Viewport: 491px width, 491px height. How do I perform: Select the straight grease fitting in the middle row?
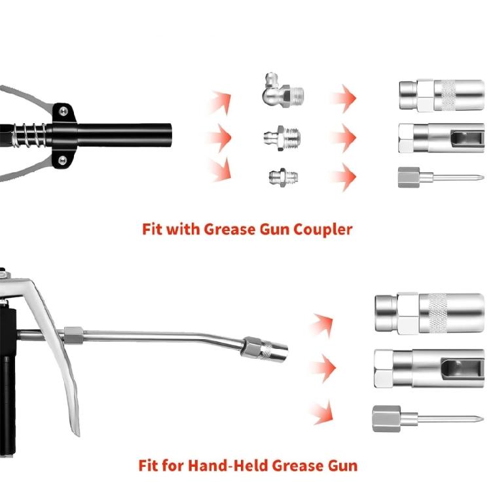[282, 137]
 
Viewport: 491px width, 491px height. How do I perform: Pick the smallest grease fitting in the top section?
[283, 177]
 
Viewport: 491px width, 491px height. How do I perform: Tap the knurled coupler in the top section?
[441, 95]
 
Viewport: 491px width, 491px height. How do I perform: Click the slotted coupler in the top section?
[441, 137]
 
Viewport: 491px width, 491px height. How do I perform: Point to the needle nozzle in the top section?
[441, 177]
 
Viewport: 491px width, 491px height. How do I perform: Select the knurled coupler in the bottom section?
[429, 313]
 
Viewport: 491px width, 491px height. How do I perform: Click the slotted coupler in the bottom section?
[429, 368]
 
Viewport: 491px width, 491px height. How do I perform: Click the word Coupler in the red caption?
[323, 230]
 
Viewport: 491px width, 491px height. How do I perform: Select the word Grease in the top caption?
[230, 229]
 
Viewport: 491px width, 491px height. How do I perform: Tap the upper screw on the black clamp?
[64, 111]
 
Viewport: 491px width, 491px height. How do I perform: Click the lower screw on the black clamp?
[63, 160]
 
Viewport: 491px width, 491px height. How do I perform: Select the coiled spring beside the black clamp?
[29, 136]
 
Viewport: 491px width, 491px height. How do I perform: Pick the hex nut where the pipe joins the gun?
[73, 335]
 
